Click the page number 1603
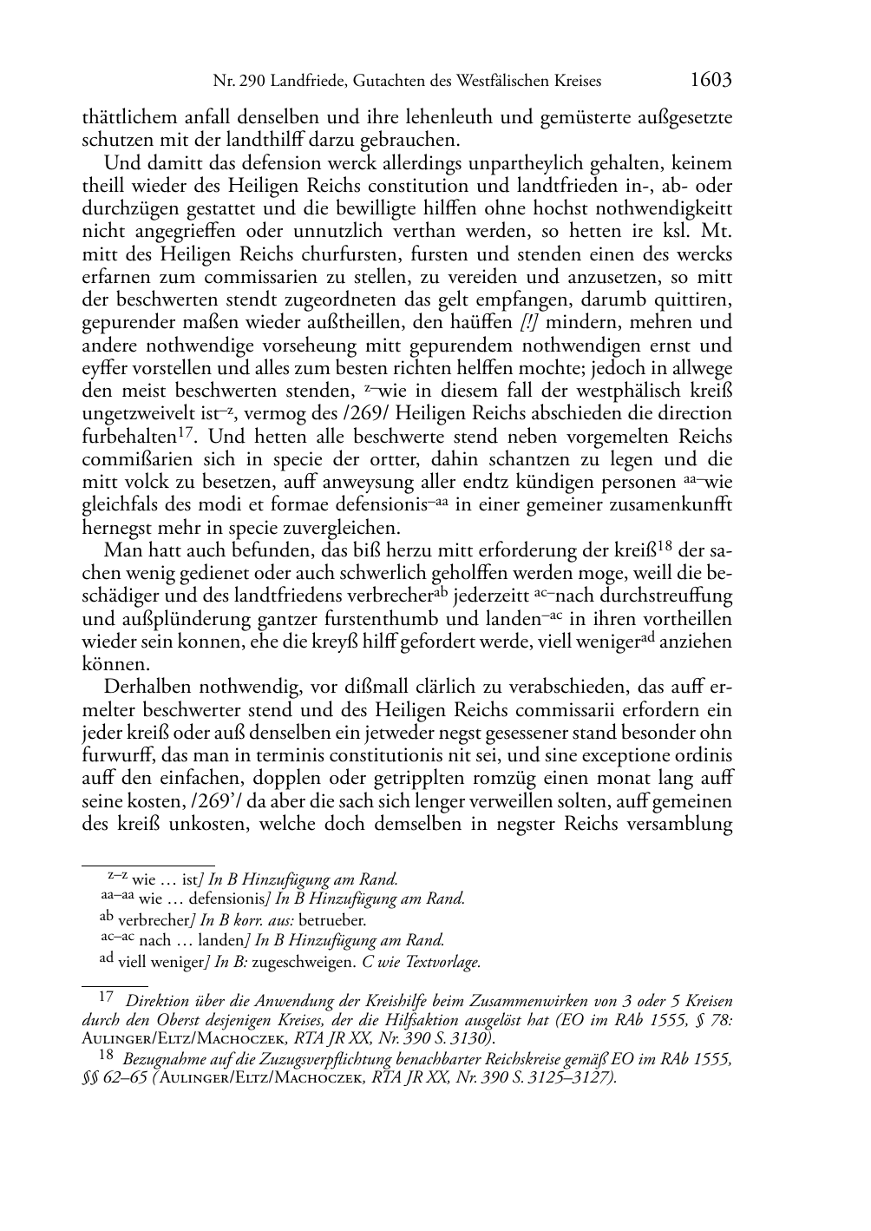pos(711,81)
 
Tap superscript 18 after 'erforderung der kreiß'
pos(665,546)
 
